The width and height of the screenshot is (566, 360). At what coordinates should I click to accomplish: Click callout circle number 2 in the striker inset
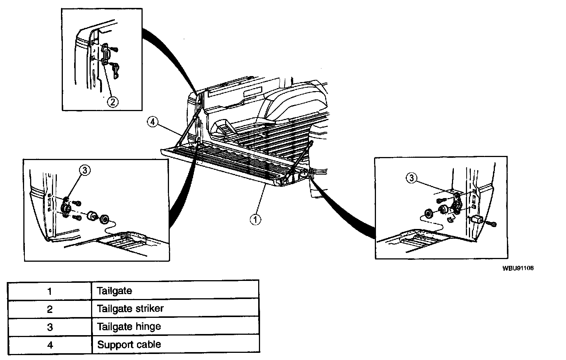coord(113,101)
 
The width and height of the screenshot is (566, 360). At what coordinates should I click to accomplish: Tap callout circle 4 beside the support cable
coord(152,122)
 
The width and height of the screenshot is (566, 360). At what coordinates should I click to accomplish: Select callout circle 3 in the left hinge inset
coord(85,171)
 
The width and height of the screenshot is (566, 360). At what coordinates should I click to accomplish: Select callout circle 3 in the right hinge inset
coord(411,178)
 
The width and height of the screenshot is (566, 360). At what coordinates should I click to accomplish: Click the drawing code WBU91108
coord(517,268)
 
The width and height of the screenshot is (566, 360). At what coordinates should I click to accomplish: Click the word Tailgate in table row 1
coord(114,291)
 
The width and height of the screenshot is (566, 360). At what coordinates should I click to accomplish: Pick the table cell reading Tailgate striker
coord(130,309)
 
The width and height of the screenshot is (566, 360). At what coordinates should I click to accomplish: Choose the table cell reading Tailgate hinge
coord(129,326)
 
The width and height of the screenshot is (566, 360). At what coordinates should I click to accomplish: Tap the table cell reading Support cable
coord(129,344)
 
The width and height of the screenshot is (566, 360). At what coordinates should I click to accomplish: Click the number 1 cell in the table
coord(50,291)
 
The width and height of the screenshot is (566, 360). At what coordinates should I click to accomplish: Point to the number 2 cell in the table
coord(50,309)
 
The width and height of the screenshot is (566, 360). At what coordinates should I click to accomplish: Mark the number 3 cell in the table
coord(50,326)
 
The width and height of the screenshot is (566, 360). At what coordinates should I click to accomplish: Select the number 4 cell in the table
coord(50,344)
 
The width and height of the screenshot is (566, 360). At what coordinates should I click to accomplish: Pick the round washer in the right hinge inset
coord(428,214)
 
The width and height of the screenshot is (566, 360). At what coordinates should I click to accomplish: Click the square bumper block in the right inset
coord(476,220)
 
